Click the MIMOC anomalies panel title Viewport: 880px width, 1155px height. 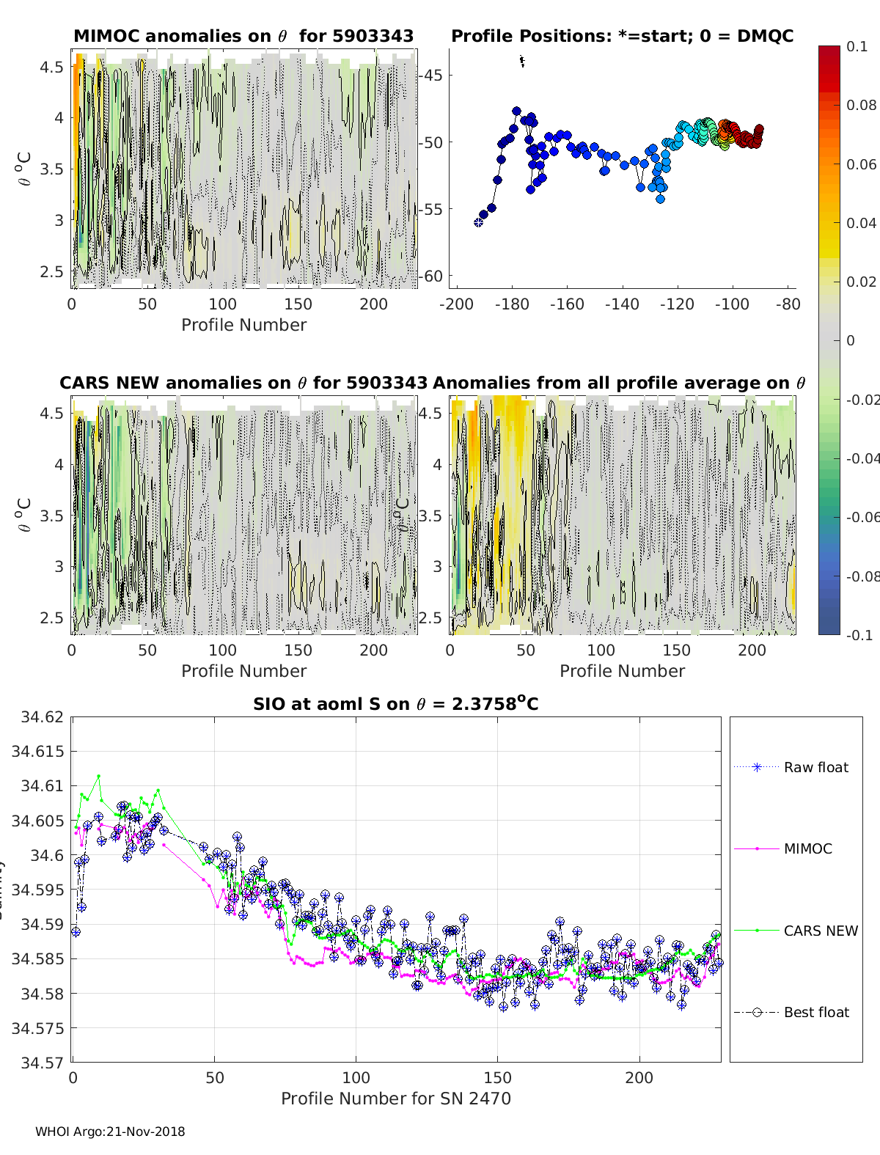[x=243, y=36]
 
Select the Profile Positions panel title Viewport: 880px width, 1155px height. [x=622, y=36]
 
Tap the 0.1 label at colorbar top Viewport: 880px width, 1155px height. [x=857, y=46]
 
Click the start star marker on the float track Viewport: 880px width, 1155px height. [x=478, y=222]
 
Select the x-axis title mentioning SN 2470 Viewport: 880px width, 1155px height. [x=395, y=1098]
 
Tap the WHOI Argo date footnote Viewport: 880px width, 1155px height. [x=110, y=1132]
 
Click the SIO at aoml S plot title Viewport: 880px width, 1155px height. [x=395, y=704]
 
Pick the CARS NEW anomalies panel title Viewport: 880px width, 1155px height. [x=243, y=383]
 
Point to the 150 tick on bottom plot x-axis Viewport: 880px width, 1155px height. [x=498, y=1077]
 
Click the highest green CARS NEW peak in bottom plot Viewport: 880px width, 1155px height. [x=98, y=776]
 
